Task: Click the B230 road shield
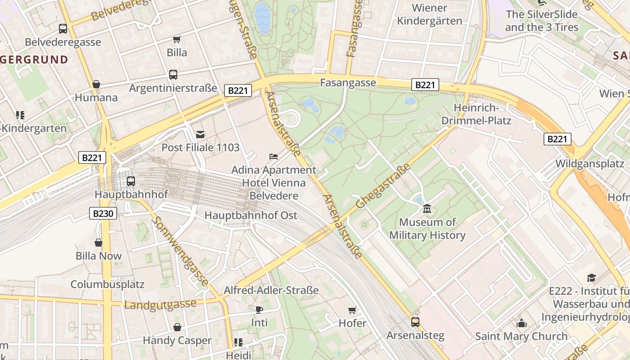[x=103, y=213]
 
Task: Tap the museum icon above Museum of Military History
[x=427, y=209]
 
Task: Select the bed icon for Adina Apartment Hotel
[x=273, y=157]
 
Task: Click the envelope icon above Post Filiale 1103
[x=200, y=134]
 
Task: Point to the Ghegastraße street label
[x=383, y=186]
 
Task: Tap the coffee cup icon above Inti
[x=259, y=310]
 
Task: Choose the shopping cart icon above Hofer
[x=352, y=310]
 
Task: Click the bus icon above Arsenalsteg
[x=415, y=322]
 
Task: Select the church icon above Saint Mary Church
[x=522, y=323]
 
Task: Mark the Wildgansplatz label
[x=589, y=163]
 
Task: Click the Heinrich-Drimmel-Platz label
[x=476, y=114]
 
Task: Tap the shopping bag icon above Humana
[x=96, y=84]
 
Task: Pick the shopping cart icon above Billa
[x=177, y=40]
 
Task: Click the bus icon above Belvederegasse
[x=63, y=29]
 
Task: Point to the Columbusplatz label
[x=107, y=284]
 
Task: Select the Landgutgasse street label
[x=160, y=305]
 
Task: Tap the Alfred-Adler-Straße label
[x=271, y=290]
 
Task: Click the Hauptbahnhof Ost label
[x=251, y=216]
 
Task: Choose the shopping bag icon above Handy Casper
[x=177, y=327]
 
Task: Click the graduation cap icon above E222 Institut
[x=591, y=278]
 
